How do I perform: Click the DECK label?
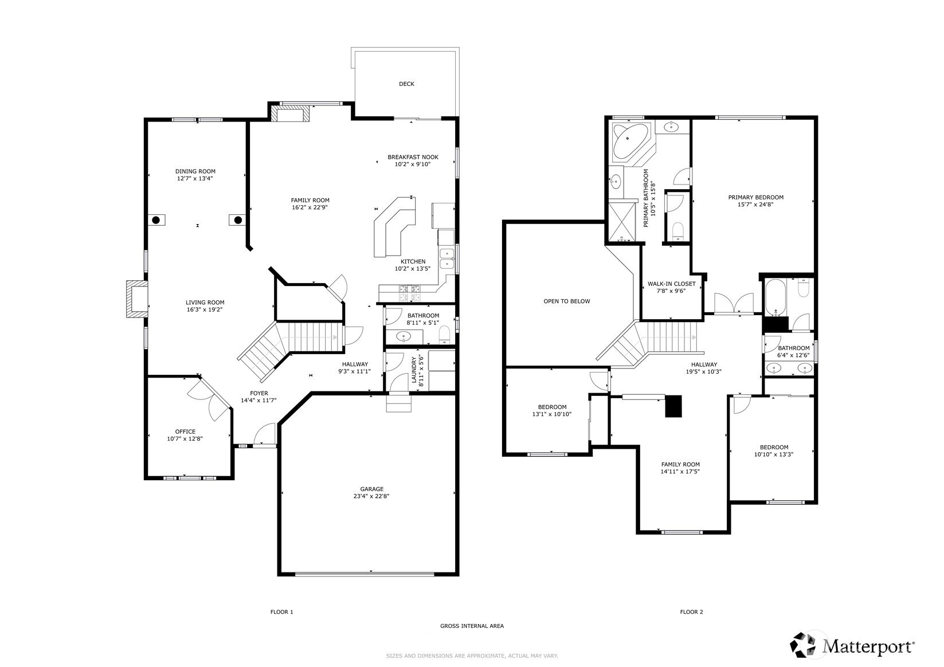[406, 84]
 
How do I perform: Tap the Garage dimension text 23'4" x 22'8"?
[371, 496]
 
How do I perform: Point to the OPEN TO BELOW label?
[566, 301]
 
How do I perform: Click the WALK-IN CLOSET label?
[671, 284]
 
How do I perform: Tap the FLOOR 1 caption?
[281, 612]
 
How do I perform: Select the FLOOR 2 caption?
[691, 612]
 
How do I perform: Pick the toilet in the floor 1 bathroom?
[444, 335]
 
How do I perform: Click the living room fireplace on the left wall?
[136, 299]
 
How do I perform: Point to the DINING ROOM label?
[195, 171]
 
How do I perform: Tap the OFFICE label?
[185, 431]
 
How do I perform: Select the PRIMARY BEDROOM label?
[755, 197]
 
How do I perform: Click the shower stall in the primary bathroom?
[622, 222]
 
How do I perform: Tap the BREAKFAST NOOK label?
[413, 157]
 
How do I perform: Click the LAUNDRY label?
[414, 371]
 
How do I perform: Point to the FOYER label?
[258, 393]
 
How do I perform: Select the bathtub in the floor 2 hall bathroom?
[775, 297]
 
